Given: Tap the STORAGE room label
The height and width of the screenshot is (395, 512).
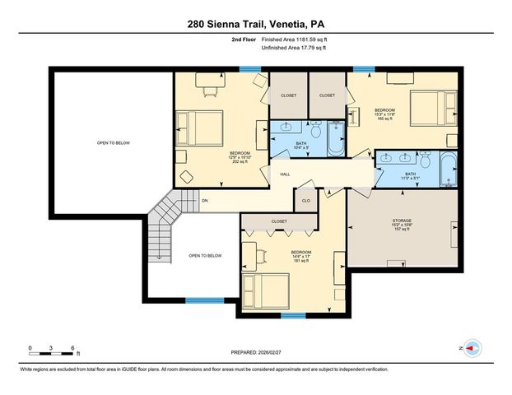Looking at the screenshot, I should (x=401, y=225).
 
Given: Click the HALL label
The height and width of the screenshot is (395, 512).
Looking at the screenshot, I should (x=285, y=174).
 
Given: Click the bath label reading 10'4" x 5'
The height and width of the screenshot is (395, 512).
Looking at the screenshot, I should (x=301, y=146).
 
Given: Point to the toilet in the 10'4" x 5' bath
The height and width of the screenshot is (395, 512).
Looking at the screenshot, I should (x=315, y=129).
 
